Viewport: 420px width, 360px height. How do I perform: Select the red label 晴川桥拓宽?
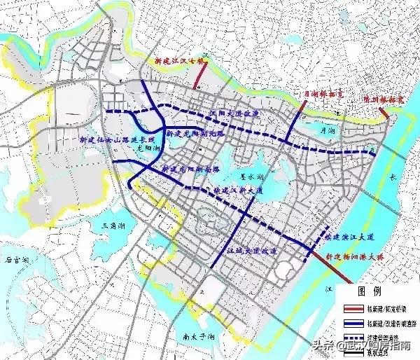click(381, 101)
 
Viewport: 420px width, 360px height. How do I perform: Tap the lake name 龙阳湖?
click(148, 148)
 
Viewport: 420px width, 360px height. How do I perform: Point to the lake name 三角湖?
click(114, 226)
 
